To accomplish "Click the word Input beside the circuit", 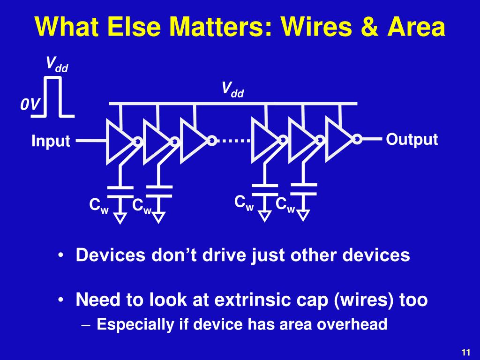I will pos(51,141).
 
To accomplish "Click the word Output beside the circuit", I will pos(412,139).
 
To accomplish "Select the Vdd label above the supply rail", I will pos(233,89).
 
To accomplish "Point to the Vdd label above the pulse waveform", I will pos(57,64).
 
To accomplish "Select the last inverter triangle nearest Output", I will pos(339,139).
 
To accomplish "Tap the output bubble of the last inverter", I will pos(357,139).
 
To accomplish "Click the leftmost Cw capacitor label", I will pos(99,206).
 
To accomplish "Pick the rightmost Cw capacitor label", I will pos(285,205).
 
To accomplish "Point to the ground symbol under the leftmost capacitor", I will pos(121,218).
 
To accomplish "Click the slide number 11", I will pos(465,352).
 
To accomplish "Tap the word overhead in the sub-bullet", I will pos(357,324).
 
